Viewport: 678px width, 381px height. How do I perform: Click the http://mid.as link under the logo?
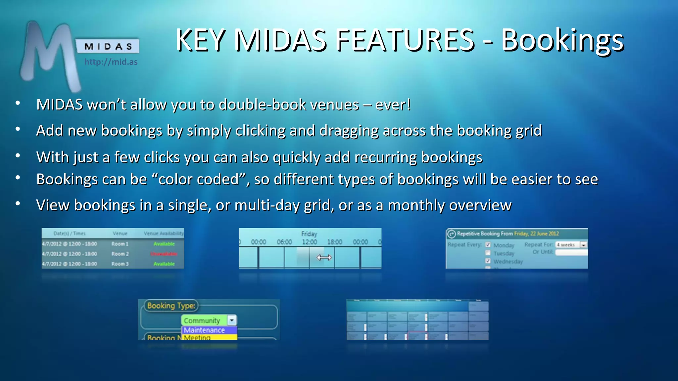point(111,62)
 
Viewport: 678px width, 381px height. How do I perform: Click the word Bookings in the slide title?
point(562,40)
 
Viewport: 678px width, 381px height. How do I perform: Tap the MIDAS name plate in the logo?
point(108,46)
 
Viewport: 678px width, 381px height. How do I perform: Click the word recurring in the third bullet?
point(385,157)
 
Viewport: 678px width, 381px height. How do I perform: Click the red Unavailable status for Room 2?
point(164,254)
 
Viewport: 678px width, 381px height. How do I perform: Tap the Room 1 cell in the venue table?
point(120,244)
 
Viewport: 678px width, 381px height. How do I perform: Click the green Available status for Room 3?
point(164,264)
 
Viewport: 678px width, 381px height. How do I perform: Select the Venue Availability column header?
point(163,233)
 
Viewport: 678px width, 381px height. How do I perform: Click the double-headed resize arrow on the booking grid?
point(324,257)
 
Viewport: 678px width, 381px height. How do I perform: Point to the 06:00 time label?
point(284,242)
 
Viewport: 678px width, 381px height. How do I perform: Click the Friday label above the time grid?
point(309,234)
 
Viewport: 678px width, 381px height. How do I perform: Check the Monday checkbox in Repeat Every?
point(488,245)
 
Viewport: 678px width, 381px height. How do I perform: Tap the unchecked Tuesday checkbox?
point(488,253)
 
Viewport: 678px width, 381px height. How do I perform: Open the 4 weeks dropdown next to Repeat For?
point(583,245)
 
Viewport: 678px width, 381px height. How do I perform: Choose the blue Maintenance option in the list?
point(209,330)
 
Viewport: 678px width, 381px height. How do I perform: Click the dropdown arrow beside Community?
point(232,320)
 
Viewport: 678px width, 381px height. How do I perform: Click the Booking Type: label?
point(171,306)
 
